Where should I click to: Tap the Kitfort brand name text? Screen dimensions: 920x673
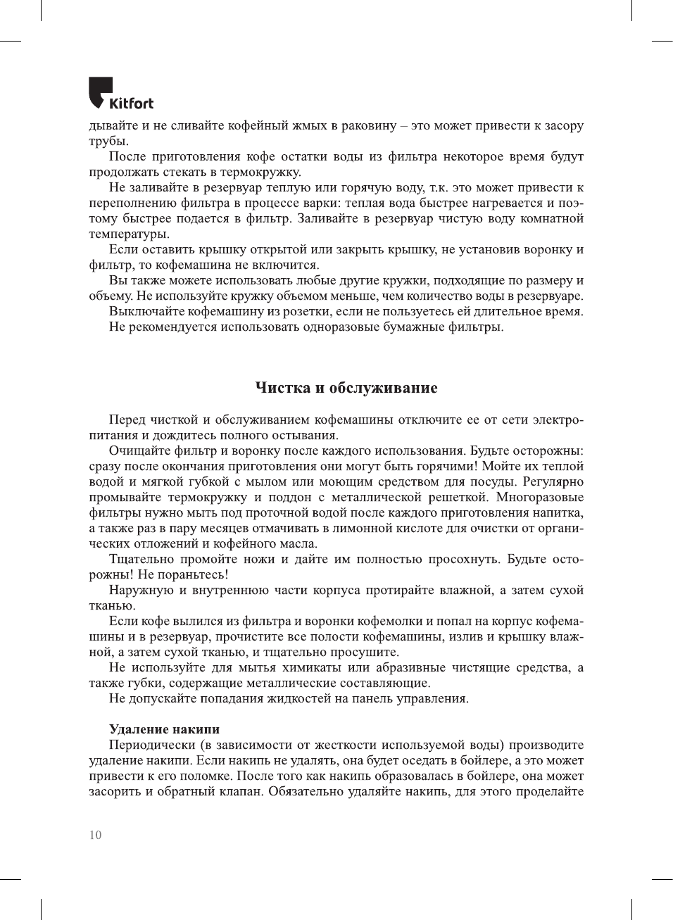coord(131,103)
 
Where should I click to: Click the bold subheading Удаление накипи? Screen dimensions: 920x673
coord(164,729)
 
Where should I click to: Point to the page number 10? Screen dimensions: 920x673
coord(95,835)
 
